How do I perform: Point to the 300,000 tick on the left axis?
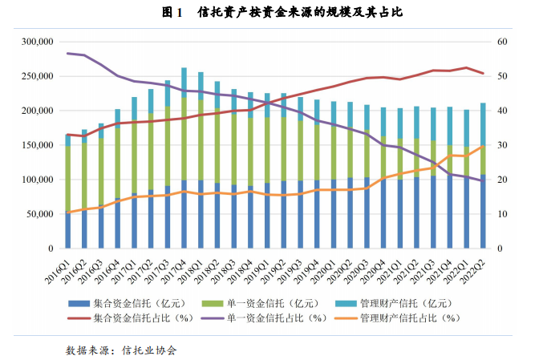coord(35,42)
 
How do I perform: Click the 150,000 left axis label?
coord(35,145)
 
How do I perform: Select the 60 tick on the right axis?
coord(502,42)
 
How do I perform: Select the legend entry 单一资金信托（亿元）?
coord(278,302)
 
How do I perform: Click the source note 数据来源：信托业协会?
coord(121,350)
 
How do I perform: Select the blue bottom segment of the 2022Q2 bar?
coord(484,212)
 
